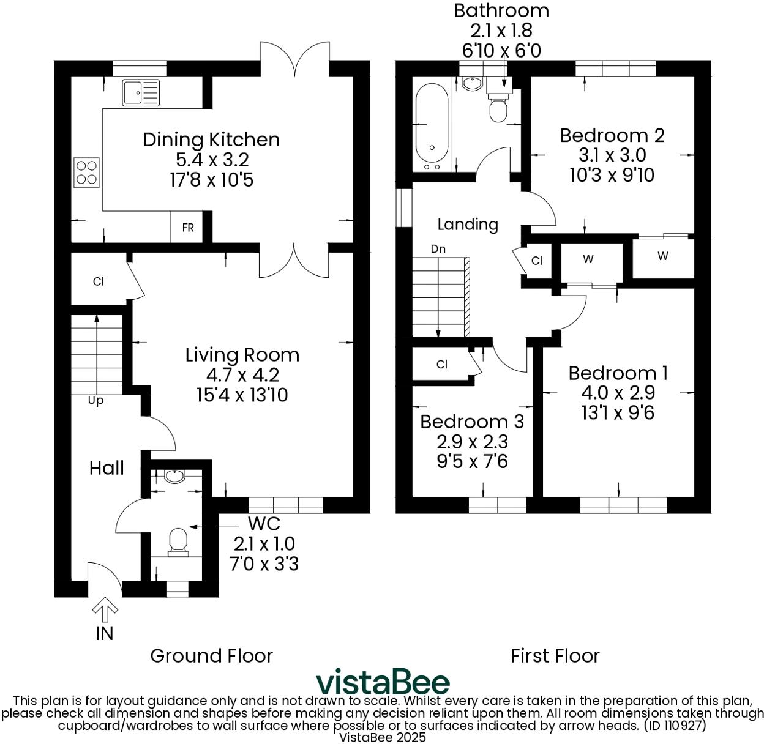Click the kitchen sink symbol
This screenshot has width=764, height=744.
141,93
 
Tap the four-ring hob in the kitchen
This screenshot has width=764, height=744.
86,172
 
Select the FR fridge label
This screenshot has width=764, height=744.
187,228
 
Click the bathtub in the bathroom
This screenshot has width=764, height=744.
432,127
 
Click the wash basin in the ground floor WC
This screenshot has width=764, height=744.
176,476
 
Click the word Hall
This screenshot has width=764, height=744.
107,468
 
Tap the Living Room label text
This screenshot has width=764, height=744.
242,355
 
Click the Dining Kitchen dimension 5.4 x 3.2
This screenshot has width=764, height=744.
212,160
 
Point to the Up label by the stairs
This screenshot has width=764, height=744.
95,401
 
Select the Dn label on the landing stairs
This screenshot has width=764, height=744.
438,249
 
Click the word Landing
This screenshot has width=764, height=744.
468,224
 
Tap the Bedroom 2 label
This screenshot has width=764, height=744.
612,135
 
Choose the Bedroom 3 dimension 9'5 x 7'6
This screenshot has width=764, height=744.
472,461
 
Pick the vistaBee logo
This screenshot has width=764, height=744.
383,682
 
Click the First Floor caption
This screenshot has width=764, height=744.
555,656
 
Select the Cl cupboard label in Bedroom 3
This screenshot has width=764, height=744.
441,365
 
